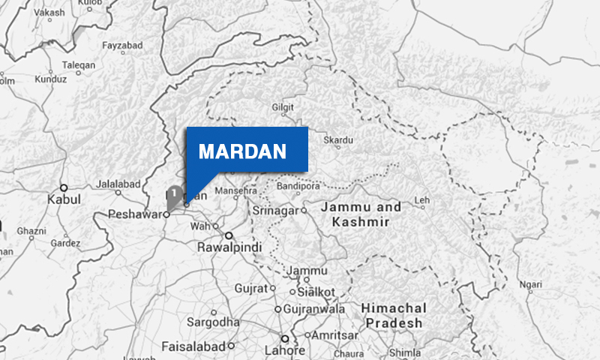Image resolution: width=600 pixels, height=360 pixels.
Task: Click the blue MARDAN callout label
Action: click(x=243, y=151)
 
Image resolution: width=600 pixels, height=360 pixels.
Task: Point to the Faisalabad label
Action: click(x=193, y=346)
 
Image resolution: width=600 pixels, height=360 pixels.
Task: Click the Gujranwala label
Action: click(x=313, y=308)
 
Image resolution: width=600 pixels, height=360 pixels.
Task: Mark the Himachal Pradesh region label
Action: click(x=392, y=315)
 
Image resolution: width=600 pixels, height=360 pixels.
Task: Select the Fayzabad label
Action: click(x=121, y=46)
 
